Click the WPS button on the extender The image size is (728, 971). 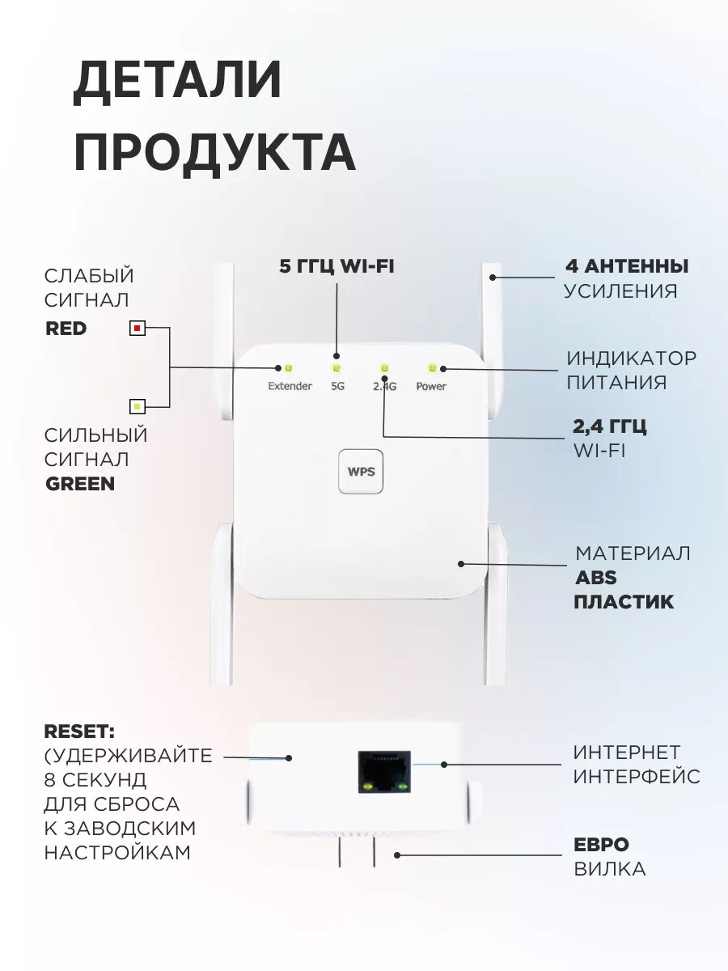pyautogui.click(x=361, y=471)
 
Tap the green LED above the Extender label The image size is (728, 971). pyautogui.click(x=288, y=368)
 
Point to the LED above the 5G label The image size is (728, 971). pyautogui.click(x=336, y=368)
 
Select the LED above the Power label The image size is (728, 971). pyautogui.click(x=432, y=368)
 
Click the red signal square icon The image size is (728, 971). pyautogui.click(x=138, y=329)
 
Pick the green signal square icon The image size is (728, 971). pyautogui.click(x=138, y=406)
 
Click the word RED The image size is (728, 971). pyautogui.click(x=66, y=329)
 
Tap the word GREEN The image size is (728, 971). pyautogui.click(x=79, y=484)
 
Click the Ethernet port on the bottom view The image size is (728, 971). pyautogui.click(x=385, y=770)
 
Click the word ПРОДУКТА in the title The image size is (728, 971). pyautogui.click(x=214, y=152)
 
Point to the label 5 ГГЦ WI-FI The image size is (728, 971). pyautogui.click(x=336, y=266)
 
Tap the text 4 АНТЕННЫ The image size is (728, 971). pyautogui.click(x=626, y=266)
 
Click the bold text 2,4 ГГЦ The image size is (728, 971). pyautogui.click(x=610, y=426)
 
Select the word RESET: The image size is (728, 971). pyautogui.click(x=79, y=731)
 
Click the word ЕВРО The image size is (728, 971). pyautogui.click(x=601, y=845)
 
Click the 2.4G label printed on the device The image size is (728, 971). pyautogui.click(x=384, y=387)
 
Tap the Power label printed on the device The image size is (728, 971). pyautogui.click(x=431, y=387)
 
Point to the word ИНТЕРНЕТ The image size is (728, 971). pyautogui.click(x=627, y=753)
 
